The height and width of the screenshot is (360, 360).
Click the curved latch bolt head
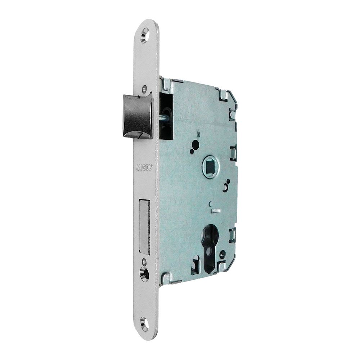pos(138,116)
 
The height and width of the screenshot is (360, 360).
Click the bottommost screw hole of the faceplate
pos(144,324)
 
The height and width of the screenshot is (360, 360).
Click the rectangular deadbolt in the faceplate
pos(144,227)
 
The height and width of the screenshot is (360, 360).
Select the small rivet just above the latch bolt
pos(145,87)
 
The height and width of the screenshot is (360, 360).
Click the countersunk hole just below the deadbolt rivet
pos(144,275)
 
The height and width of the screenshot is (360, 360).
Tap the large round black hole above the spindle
pos(195,145)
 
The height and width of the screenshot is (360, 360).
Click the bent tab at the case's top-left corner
pos(166,84)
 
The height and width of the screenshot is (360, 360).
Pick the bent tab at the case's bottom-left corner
pos(166,278)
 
